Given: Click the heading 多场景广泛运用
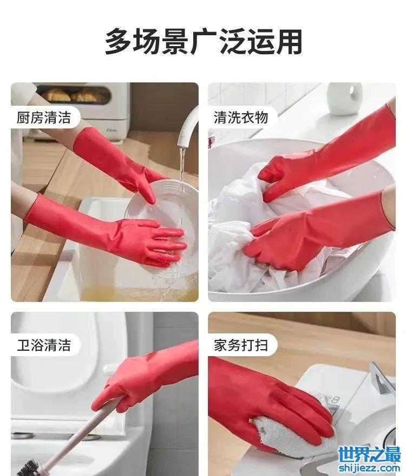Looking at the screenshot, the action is point(203,42).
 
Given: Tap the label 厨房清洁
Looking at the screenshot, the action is point(44,118).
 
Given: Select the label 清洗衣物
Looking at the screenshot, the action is point(241,118).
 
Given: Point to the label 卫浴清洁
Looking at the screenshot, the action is point(44,345).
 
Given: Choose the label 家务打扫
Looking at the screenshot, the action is point(241,345).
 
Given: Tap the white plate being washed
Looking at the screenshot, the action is point(163,224).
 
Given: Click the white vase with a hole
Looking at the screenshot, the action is point(345,99).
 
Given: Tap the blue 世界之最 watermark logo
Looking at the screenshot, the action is point(369,454).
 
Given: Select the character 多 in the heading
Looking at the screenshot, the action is point(119,42).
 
